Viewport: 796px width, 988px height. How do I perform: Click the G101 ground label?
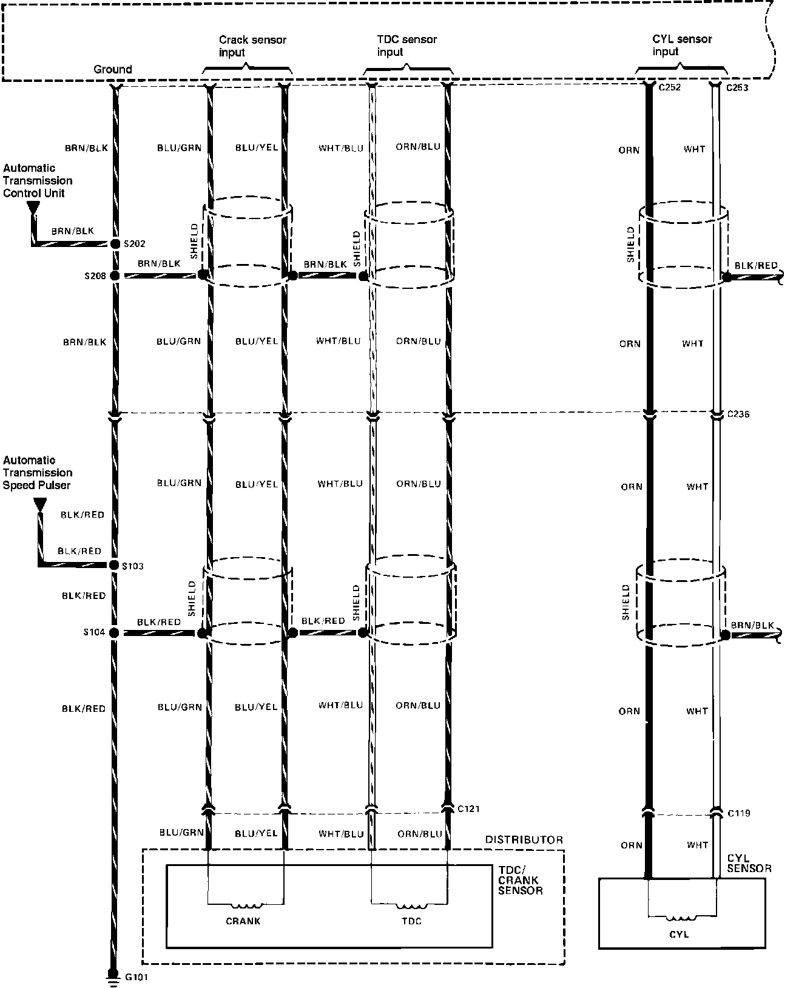coord(136,977)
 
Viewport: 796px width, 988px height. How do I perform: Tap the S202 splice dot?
coord(115,244)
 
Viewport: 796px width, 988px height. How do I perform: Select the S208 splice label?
coord(95,276)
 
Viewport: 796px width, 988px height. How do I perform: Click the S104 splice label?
coord(94,632)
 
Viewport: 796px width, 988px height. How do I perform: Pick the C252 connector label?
coord(670,87)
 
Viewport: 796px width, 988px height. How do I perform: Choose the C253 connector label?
coord(737,87)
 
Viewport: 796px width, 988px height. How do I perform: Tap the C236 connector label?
coord(738,414)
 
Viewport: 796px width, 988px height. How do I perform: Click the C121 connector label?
coord(469,808)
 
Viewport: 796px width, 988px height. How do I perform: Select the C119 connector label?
coord(738,813)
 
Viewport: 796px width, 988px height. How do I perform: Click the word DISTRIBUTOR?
coord(524,840)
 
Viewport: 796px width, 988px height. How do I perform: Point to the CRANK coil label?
coord(243,921)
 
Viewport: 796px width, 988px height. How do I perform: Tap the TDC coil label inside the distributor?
coord(411,921)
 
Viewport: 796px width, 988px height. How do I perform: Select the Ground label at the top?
coord(113,69)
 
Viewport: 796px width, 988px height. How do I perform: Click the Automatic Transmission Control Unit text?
coord(38,181)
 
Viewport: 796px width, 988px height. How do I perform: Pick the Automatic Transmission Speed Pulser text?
coord(38,473)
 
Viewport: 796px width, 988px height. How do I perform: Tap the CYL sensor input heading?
coord(682,46)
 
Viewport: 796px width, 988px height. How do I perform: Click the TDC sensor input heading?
coord(406,46)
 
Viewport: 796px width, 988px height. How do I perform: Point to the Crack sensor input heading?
coord(252,46)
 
